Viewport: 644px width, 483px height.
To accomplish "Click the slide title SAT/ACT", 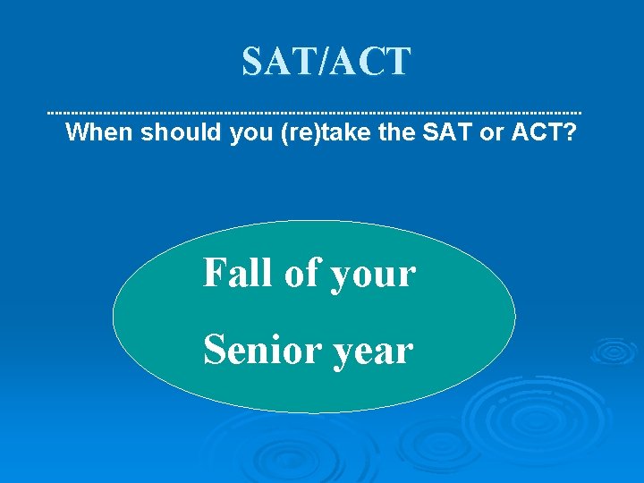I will [x=326, y=62].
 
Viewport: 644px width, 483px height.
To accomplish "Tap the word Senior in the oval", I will [x=260, y=350].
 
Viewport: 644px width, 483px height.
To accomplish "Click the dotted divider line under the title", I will [x=313, y=113].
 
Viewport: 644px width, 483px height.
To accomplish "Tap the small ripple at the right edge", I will [x=614, y=350].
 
